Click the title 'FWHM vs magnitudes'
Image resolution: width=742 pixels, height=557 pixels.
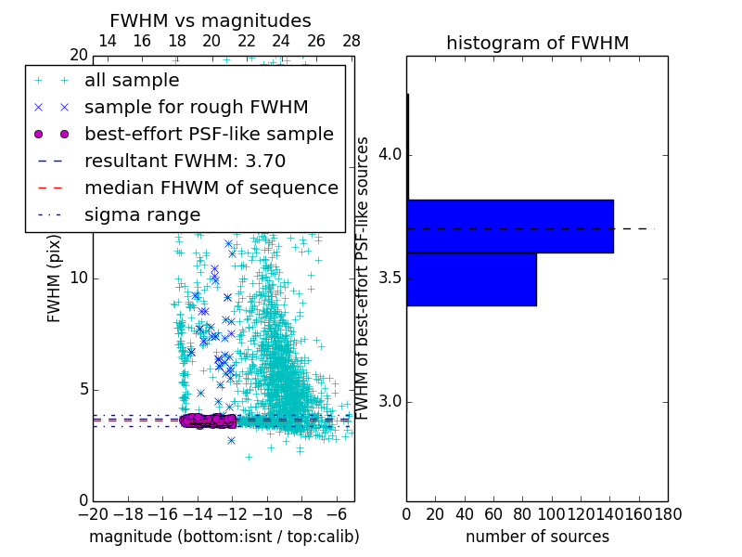[211, 20]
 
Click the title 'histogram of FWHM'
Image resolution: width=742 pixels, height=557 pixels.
[537, 43]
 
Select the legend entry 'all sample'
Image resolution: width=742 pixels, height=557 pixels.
[132, 80]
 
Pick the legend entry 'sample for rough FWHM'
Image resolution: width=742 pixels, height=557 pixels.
[196, 107]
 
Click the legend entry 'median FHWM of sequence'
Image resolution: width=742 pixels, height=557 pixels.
[211, 188]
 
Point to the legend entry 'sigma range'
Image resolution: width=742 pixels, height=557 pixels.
[142, 214]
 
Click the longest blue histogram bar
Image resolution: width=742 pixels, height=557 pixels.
[509, 226]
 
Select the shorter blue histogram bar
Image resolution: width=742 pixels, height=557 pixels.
[471, 278]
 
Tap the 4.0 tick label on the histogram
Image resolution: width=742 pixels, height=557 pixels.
[388, 154]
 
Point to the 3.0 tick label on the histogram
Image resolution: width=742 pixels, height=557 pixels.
[388, 402]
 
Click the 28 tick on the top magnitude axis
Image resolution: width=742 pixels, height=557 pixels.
[351, 41]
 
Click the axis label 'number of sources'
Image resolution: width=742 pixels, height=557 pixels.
[537, 537]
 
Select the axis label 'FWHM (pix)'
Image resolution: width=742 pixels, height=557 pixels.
[55, 278]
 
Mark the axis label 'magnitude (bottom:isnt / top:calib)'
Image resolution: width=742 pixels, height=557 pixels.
[224, 537]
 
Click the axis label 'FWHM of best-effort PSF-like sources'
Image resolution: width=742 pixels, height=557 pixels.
[364, 278]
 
